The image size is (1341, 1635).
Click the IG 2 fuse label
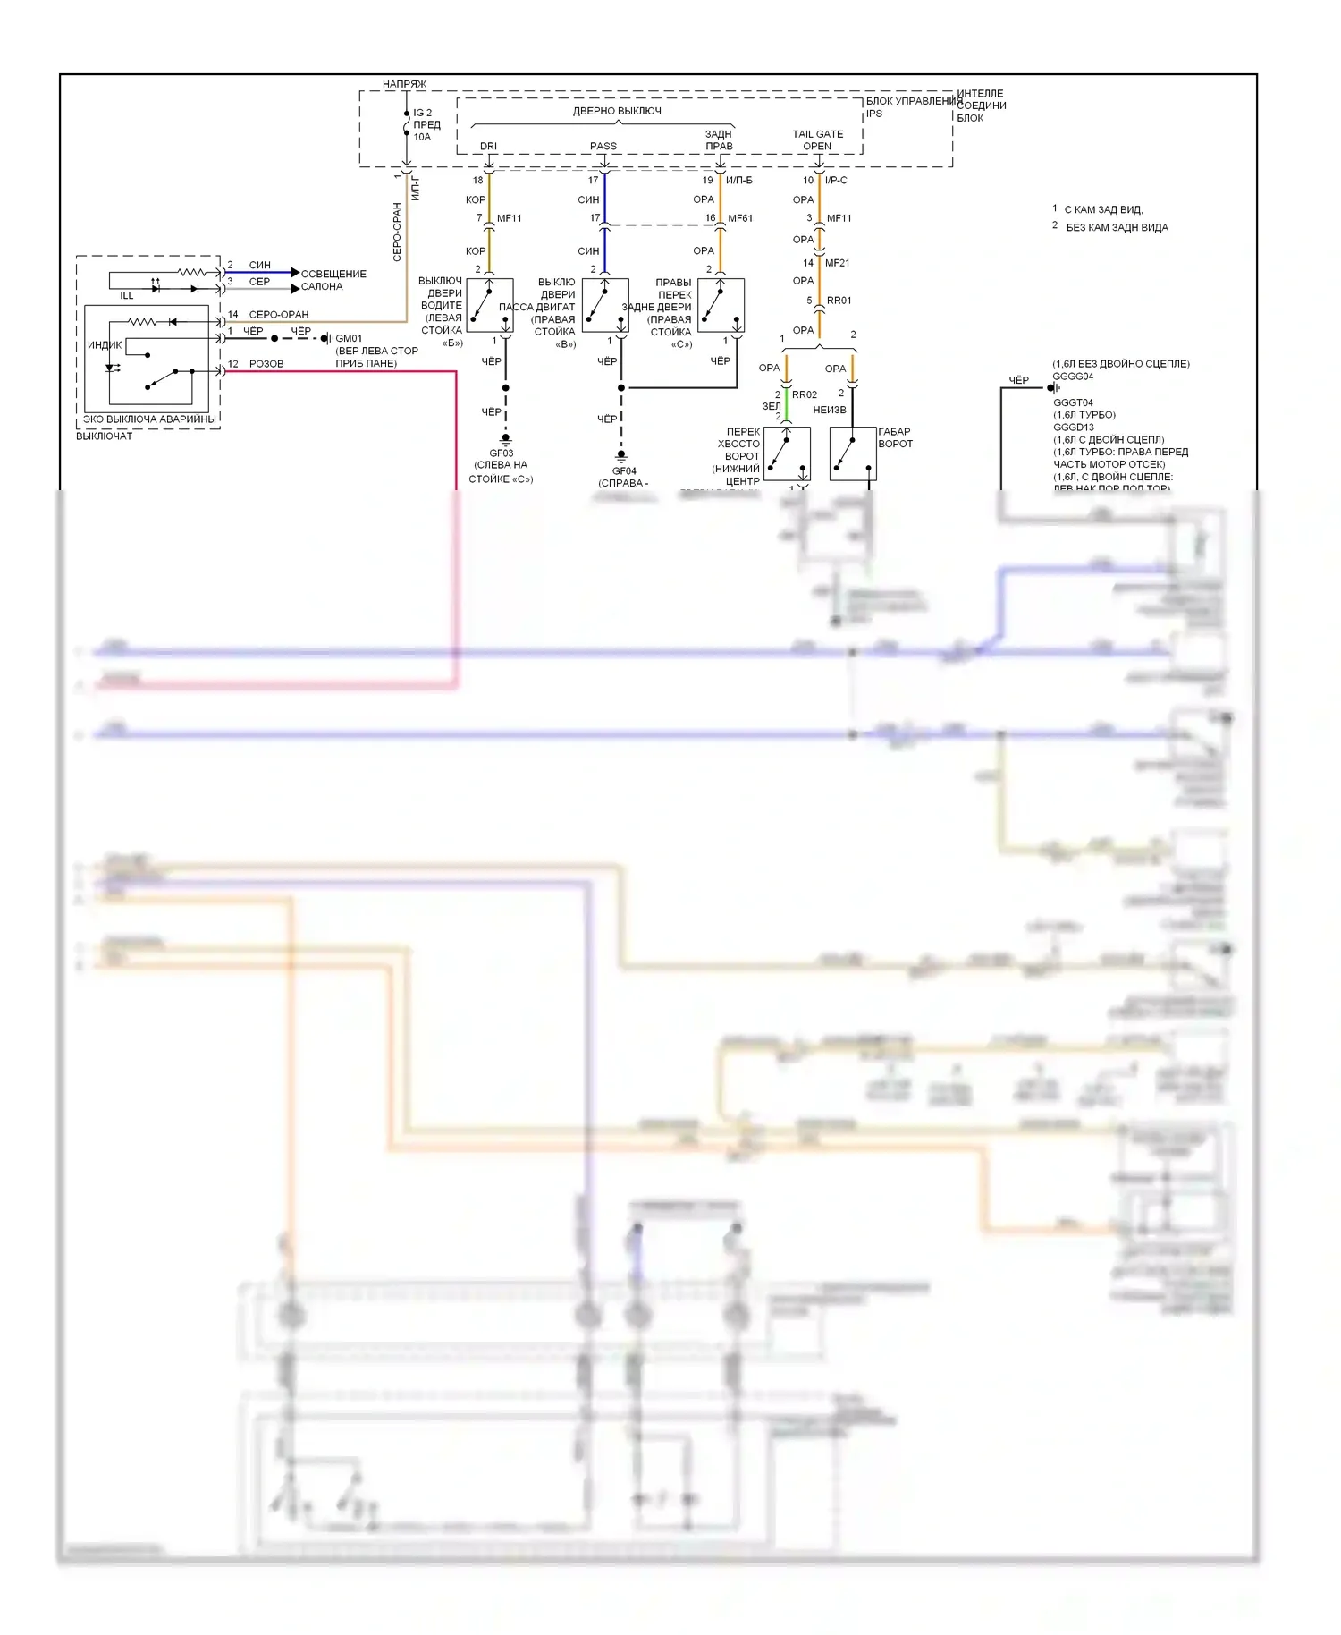coord(422,114)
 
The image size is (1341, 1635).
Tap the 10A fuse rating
coord(422,137)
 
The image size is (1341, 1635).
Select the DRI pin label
coord(488,146)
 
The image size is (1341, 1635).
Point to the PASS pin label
coord(603,146)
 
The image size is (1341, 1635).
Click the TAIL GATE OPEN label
coord(817,140)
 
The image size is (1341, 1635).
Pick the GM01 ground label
coord(349,339)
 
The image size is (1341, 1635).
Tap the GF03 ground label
coord(501,453)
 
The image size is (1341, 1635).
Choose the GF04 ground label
coord(624,470)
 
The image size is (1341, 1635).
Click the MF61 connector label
coord(740,218)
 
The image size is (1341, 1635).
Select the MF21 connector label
coord(838,263)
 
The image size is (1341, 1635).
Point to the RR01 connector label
coord(839,301)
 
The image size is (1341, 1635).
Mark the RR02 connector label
coord(805,394)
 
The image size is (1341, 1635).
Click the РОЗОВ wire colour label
coord(266,364)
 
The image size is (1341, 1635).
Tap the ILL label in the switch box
coord(127,295)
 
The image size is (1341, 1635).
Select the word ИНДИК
coord(105,345)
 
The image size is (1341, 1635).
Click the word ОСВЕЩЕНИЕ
coord(333,274)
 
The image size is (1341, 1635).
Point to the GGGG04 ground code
coord(1073,377)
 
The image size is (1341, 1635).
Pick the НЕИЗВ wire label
coord(830,410)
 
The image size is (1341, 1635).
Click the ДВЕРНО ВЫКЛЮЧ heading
coord(617,111)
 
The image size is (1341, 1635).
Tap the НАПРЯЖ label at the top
coord(404,84)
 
